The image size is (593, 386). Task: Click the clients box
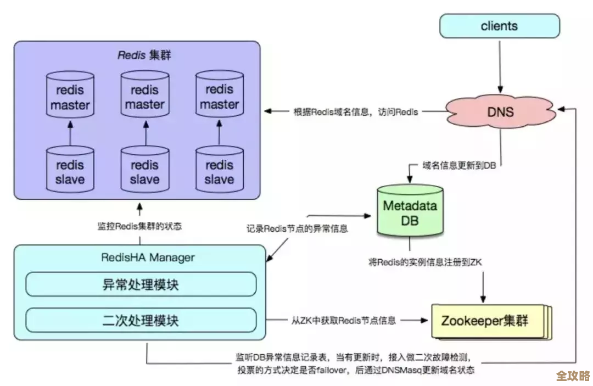click(x=499, y=26)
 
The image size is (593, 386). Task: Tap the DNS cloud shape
click(x=500, y=112)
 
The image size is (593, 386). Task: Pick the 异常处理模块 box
click(x=141, y=284)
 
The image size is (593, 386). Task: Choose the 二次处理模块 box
click(x=141, y=320)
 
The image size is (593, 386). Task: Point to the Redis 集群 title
click(x=145, y=55)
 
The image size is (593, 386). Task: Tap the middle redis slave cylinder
click(x=145, y=172)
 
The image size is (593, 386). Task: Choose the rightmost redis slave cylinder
click(x=219, y=172)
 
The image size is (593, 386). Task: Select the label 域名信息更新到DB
click(x=459, y=165)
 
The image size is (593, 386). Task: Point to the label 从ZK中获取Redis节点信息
click(x=343, y=320)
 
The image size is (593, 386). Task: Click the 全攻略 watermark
click(x=572, y=376)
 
